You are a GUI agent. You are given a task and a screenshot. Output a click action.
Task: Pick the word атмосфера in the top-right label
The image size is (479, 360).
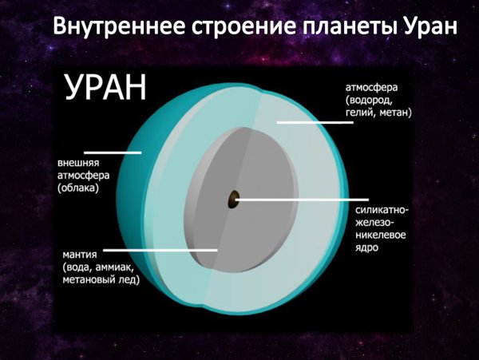pyautogui.click(x=372, y=86)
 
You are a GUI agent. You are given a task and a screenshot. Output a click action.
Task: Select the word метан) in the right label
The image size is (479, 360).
pyautogui.click(x=394, y=113)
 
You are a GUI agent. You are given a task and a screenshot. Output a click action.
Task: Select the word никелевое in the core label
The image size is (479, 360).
pyautogui.click(x=382, y=236)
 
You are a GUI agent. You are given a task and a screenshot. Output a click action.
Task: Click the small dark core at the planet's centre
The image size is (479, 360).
pyautogui.click(x=232, y=199)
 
